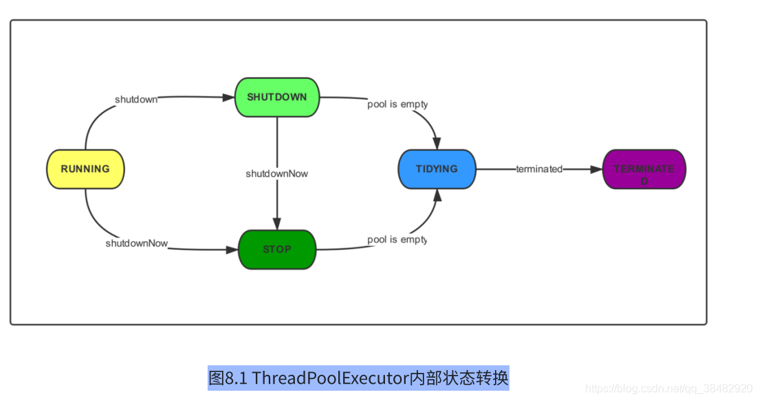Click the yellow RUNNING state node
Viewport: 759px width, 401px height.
tap(85, 169)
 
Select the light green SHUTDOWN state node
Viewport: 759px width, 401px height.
tap(277, 98)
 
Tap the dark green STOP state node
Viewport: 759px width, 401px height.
tap(277, 249)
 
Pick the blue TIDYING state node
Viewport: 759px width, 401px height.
tap(437, 169)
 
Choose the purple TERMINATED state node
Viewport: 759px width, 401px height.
tap(643, 169)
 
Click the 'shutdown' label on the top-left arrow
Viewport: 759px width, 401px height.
tap(136, 99)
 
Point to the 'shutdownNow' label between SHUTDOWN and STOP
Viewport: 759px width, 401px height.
tap(277, 174)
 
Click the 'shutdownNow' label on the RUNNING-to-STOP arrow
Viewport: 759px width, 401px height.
tap(137, 243)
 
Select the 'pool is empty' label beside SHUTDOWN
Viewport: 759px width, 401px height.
tap(397, 104)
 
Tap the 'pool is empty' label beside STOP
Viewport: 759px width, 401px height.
tap(397, 240)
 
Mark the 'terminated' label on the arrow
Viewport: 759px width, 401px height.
tap(539, 169)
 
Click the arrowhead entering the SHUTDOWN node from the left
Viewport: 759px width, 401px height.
tap(229, 98)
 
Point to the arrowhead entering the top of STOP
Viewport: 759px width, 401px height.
tap(277, 224)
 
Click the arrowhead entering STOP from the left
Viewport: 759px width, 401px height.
tap(232, 250)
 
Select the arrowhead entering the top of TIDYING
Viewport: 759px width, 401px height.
tap(437, 144)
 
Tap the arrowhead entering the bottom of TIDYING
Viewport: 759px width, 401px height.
tap(437, 195)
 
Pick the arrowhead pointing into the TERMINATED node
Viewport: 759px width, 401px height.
tap(596, 169)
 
